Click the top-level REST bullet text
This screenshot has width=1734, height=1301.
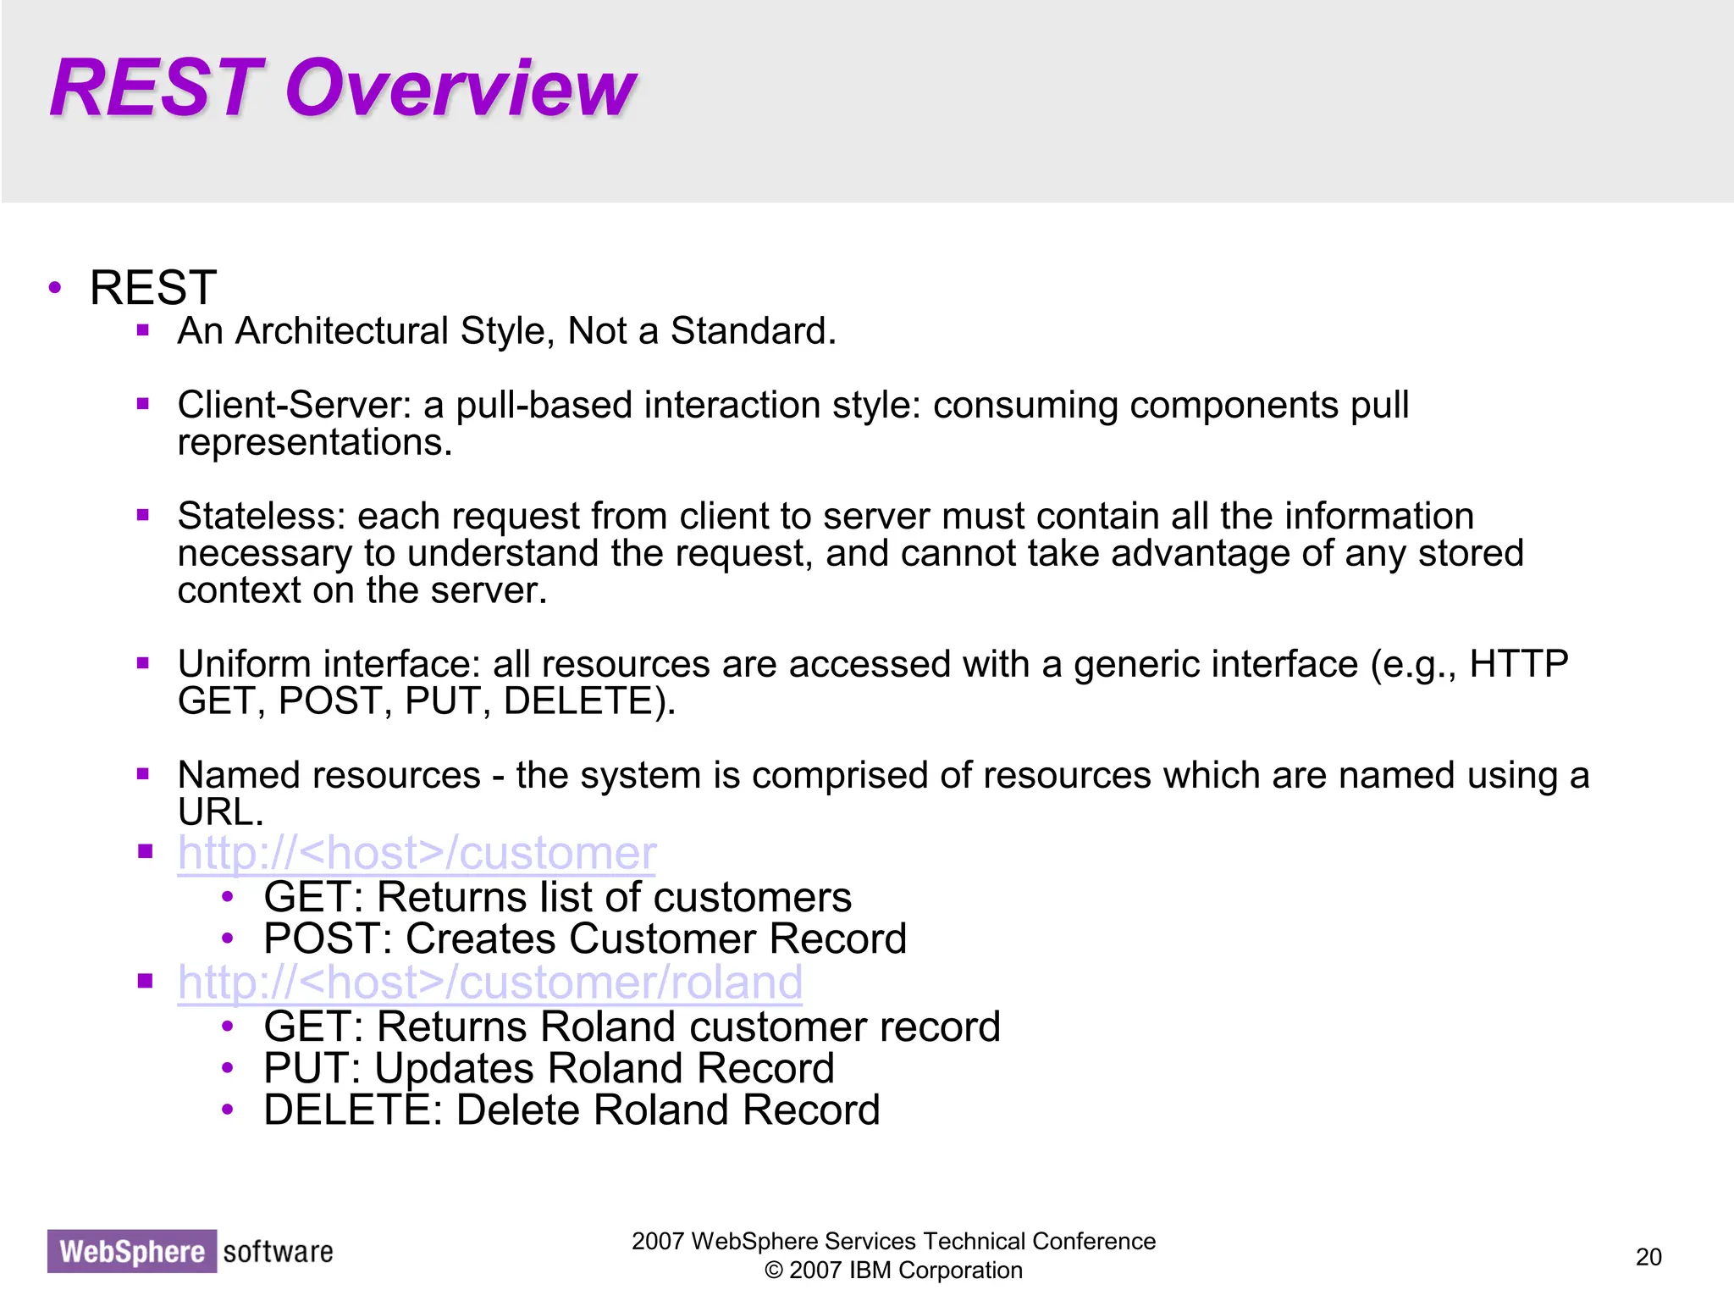[x=153, y=288]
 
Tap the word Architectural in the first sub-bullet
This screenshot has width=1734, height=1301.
[x=341, y=331]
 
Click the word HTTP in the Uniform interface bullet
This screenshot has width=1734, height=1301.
[x=1518, y=664]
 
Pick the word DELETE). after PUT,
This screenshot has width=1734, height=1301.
[x=589, y=701]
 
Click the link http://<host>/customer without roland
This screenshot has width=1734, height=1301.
[x=417, y=853]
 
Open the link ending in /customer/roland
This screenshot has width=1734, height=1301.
[x=489, y=983]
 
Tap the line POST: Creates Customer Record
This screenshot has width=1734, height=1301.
[x=584, y=938]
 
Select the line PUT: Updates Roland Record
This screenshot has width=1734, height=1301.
[x=549, y=1068]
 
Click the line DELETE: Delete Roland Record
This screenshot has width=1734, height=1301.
[x=572, y=1110]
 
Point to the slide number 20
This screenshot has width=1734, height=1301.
[x=1648, y=1257]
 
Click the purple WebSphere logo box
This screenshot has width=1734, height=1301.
[x=132, y=1252]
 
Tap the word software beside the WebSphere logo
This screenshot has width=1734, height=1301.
[x=278, y=1252]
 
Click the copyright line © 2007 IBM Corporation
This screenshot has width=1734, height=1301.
[x=893, y=1271]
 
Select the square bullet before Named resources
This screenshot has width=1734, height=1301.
[x=143, y=773]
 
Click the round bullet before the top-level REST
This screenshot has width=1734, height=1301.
[x=55, y=288]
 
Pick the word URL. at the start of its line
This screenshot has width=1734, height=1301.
[x=220, y=812]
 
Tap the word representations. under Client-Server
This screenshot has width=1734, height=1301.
[x=314, y=442]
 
